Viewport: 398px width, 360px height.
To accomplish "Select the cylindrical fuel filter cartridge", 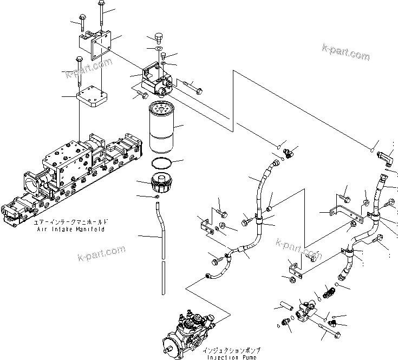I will tap(161, 127).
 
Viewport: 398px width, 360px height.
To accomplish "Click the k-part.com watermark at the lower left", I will tap(101, 252).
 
